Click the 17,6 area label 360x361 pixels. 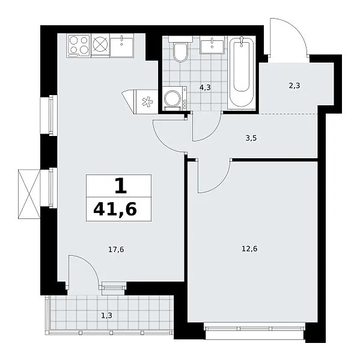(116, 249)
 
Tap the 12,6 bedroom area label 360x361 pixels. (249, 249)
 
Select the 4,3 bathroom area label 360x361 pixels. (205, 87)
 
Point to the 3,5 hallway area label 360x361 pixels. (251, 138)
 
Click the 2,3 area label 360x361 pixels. (294, 86)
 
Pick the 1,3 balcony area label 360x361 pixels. (107, 315)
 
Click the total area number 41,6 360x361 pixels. (115, 210)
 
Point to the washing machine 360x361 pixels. (174, 99)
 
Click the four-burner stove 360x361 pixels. (79, 46)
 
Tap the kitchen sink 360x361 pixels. (121, 45)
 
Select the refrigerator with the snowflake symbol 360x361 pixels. (146, 102)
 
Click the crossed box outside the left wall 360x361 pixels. (29, 194)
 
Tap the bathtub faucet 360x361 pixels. (242, 41)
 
